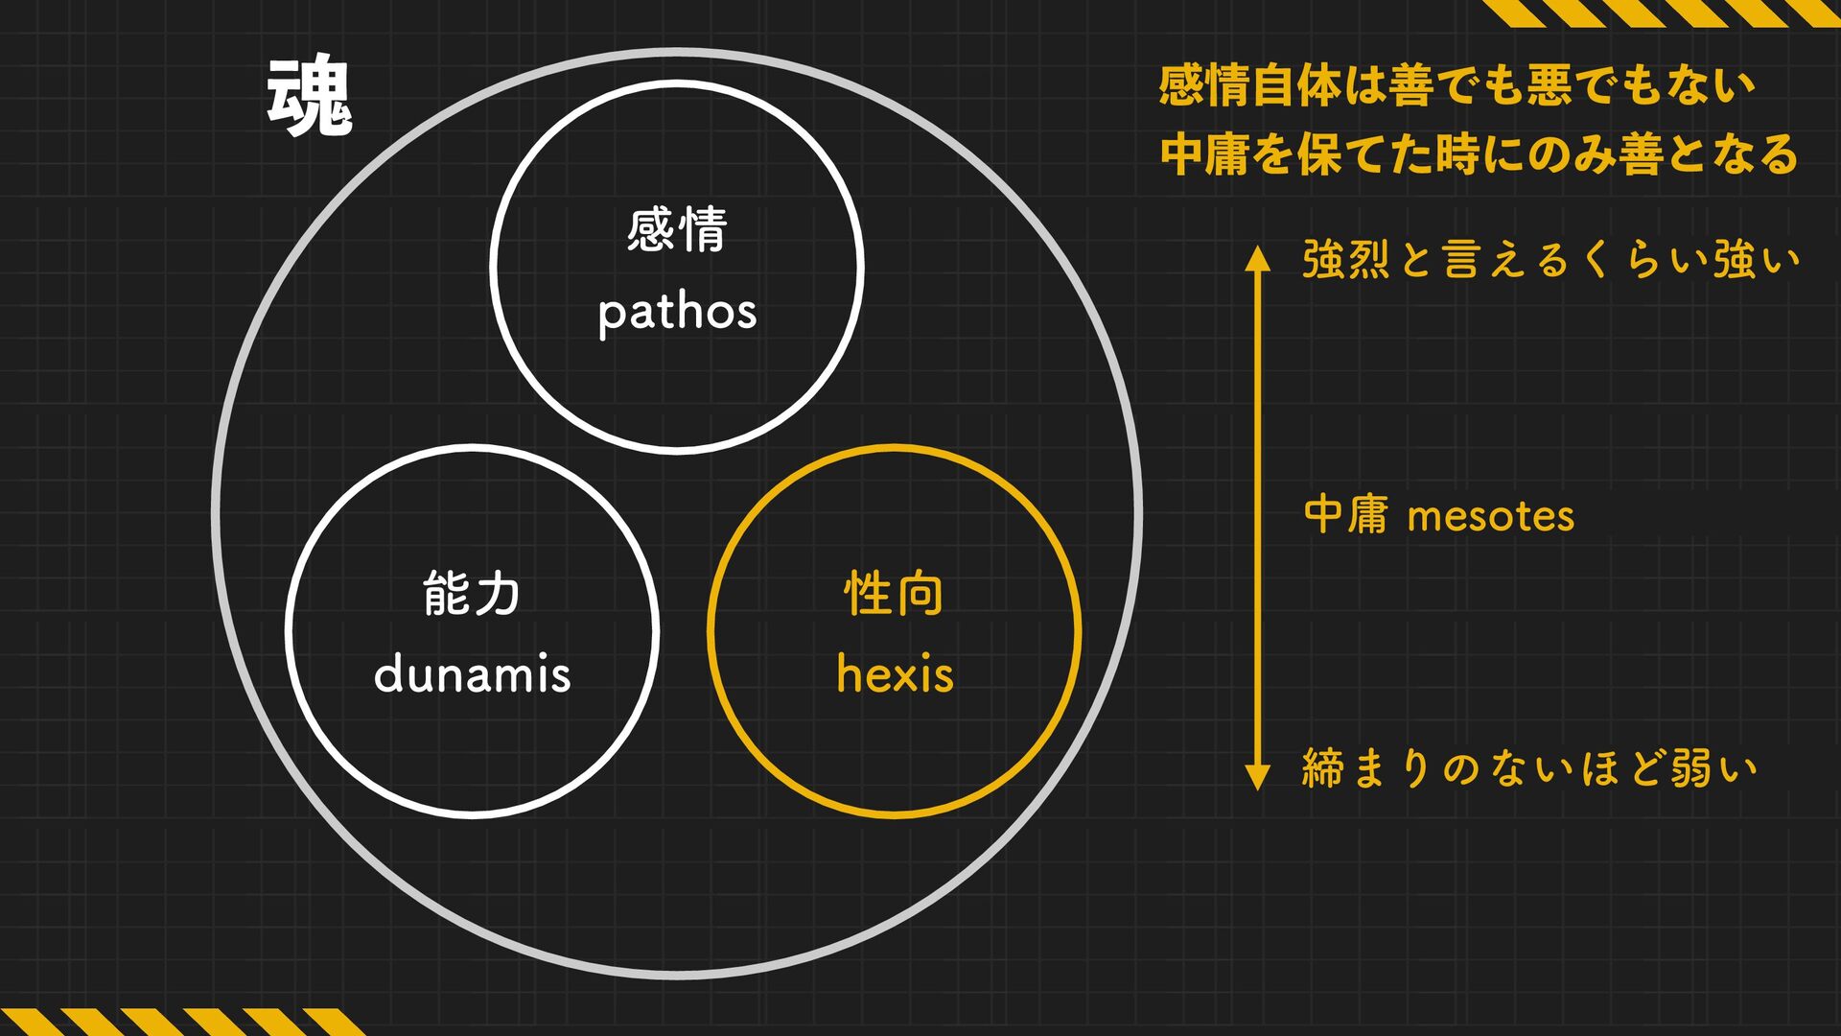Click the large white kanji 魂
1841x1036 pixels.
pyautogui.click(x=310, y=96)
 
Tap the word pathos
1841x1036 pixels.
pyautogui.click(x=677, y=313)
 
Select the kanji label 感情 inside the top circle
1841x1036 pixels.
pyautogui.click(x=677, y=230)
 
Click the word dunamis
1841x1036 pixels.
pyautogui.click(x=472, y=673)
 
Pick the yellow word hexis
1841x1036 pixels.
pyautogui.click(x=895, y=673)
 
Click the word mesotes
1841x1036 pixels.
pyautogui.click(x=1490, y=517)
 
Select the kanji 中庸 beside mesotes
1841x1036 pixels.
pyautogui.click(x=1345, y=515)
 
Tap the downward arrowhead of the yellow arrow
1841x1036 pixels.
pyautogui.click(x=1257, y=777)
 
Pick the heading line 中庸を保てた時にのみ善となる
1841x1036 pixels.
pyautogui.click(x=1479, y=154)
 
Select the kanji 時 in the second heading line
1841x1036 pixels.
pyautogui.click(x=1458, y=154)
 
